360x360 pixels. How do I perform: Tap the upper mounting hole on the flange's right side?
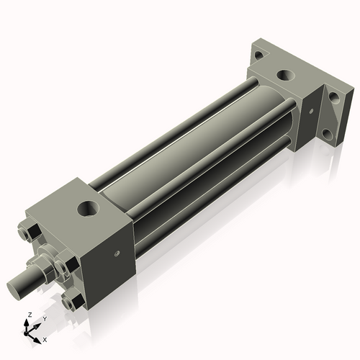333,96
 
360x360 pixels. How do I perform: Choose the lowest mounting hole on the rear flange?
327,134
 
